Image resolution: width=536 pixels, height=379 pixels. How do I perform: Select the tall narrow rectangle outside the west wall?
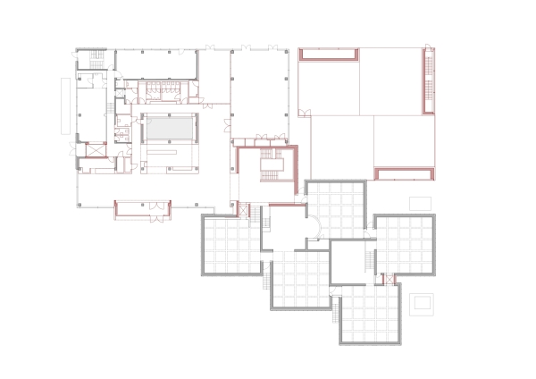point(64,106)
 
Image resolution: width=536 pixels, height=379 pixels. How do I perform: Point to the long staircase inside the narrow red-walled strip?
point(429,80)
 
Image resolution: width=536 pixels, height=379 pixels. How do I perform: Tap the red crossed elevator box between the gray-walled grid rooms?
point(389,280)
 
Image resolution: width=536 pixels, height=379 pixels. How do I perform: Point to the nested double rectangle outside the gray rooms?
point(422,304)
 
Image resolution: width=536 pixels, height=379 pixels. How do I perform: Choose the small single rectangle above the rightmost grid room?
point(420,203)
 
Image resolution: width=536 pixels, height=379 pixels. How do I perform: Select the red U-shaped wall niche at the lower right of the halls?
point(402,173)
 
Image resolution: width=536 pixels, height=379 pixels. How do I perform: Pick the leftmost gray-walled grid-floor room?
point(230,246)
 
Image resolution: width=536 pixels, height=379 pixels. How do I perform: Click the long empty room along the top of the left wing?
point(156,63)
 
